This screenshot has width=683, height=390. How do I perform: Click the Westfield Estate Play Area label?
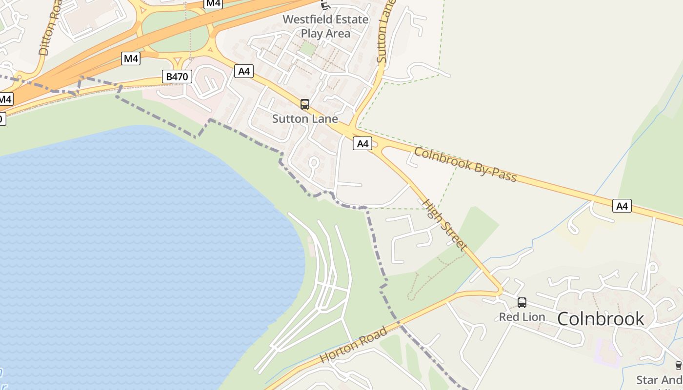click(325, 26)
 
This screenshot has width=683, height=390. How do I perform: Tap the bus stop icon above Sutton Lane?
click(305, 104)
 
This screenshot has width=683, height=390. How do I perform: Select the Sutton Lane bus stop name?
click(305, 118)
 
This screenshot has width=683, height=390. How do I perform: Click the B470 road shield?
click(177, 77)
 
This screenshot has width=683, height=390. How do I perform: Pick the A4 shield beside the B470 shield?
click(244, 71)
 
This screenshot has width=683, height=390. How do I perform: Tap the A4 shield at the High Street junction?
click(362, 143)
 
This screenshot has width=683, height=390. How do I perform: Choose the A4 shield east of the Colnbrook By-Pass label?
click(622, 206)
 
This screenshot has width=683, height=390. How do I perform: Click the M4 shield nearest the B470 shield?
click(131, 59)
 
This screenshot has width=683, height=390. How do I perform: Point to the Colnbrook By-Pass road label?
click(465, 164)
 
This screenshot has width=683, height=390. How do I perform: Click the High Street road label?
click(444, 225)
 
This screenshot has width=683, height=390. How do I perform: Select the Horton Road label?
click(354, 345)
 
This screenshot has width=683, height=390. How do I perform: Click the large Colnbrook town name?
click(601, 319)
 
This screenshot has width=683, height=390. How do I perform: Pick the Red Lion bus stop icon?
click(522, 303)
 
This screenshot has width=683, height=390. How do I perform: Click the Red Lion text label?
click(522, 317)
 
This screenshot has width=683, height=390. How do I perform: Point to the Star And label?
click(659, 380)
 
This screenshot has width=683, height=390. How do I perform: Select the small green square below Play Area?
click(307, 48)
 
